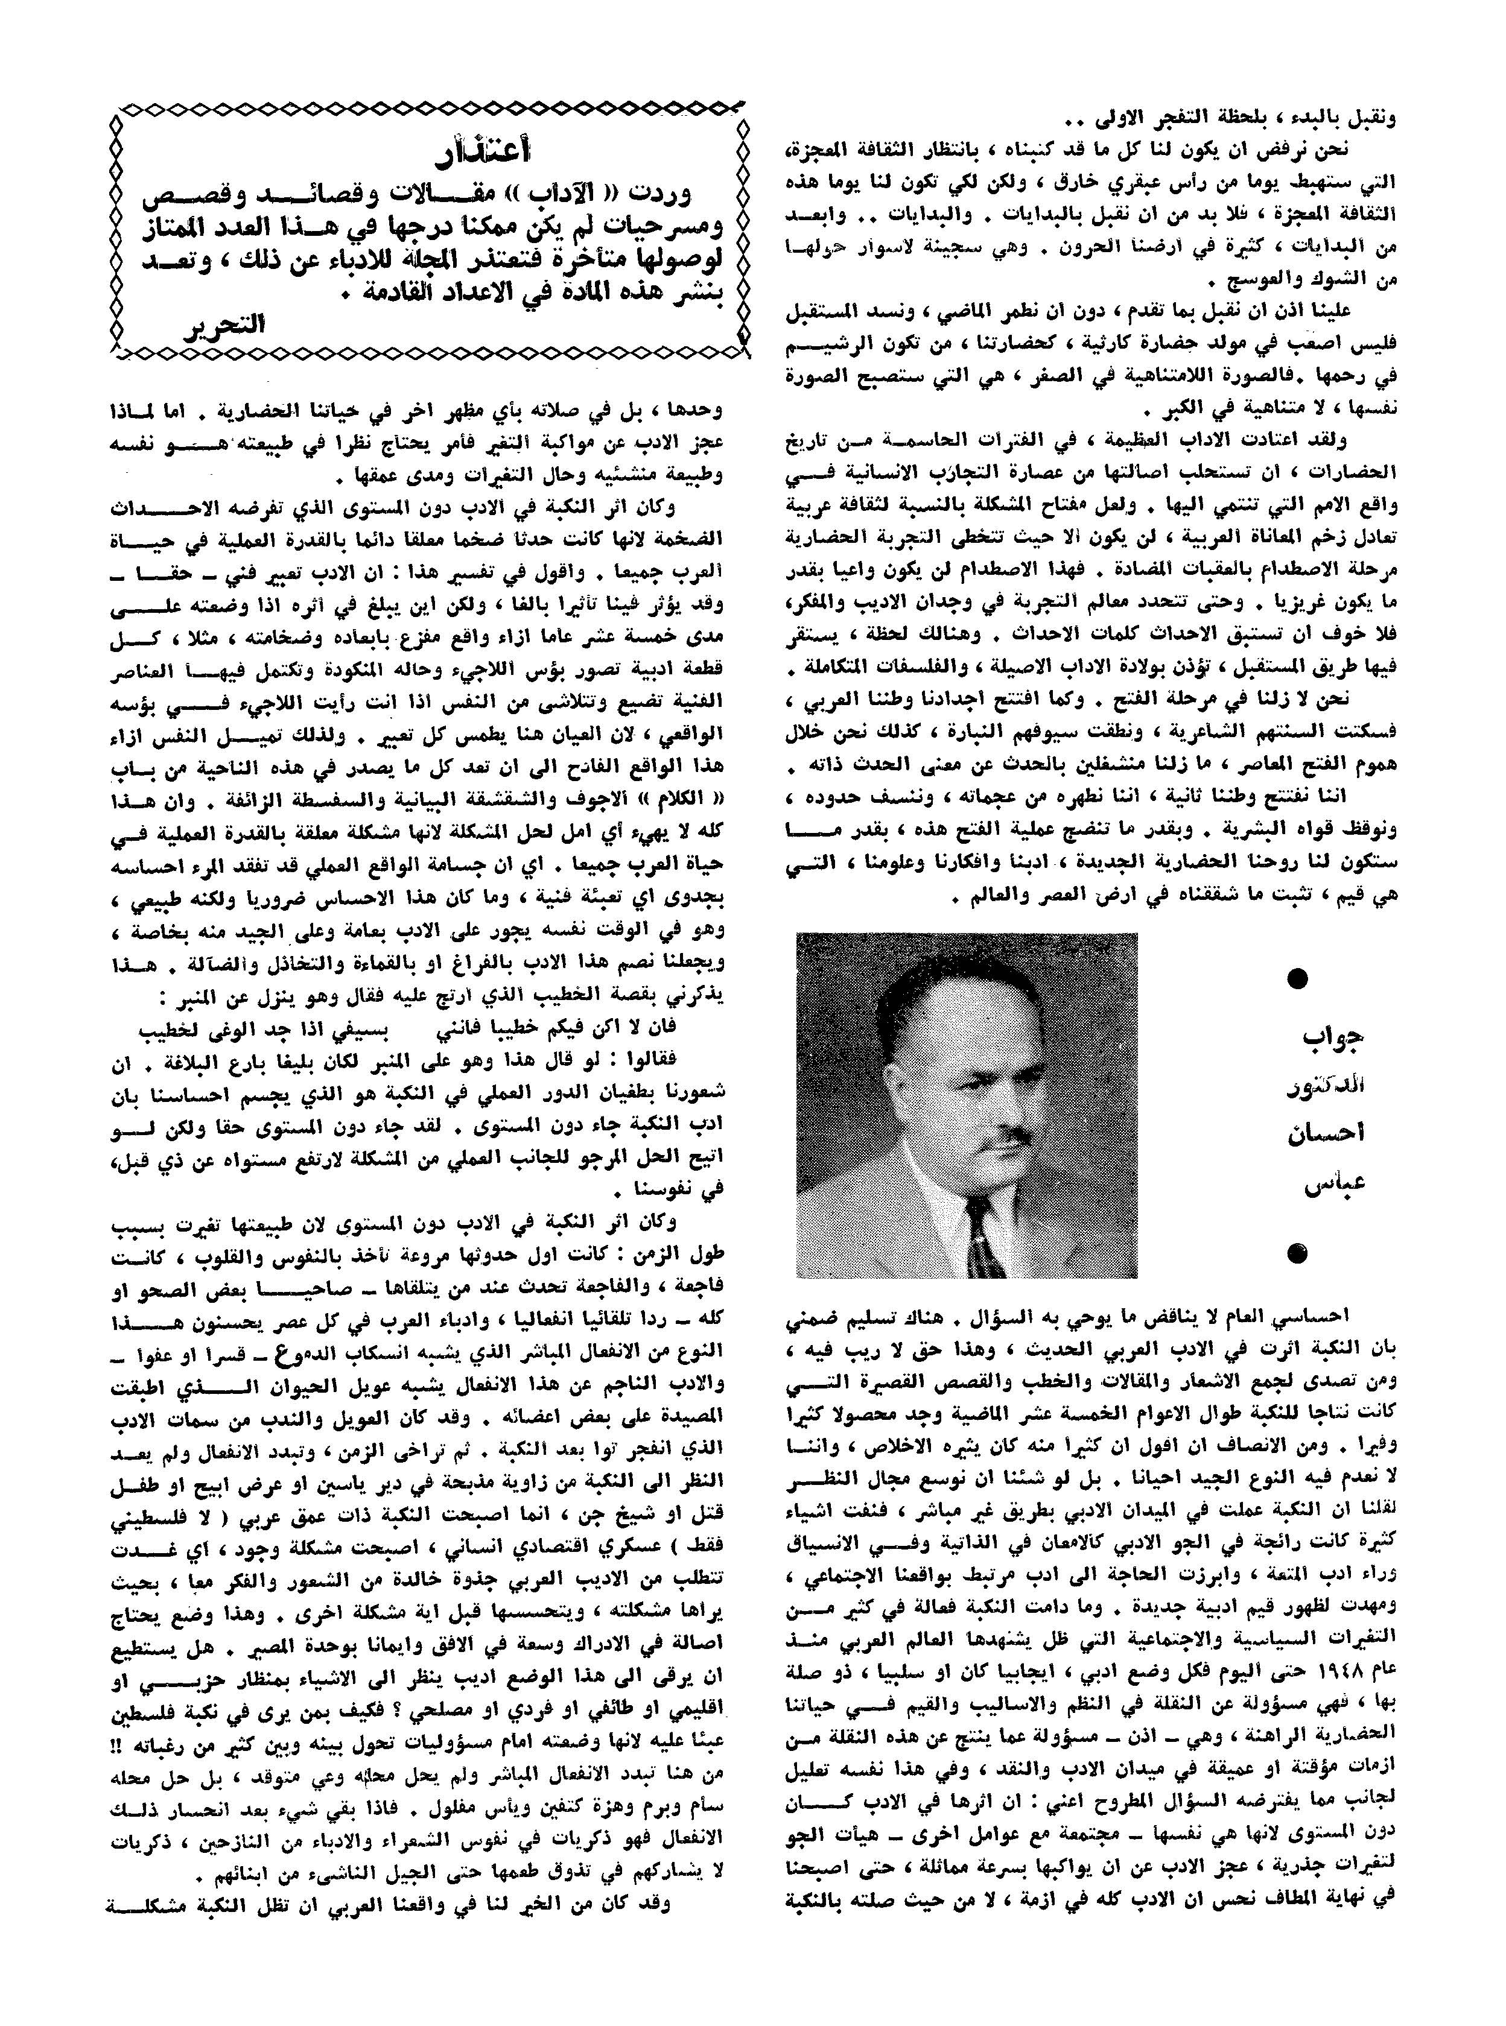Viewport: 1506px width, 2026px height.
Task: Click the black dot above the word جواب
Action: (1295, 980)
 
